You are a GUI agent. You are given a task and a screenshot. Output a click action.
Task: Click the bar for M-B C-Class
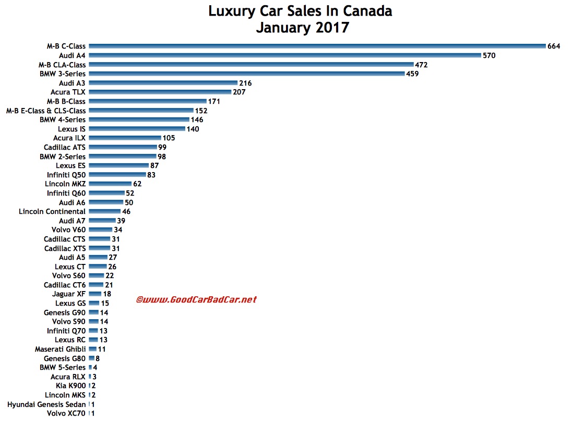(316, 46)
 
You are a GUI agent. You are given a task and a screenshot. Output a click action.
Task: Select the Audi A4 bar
(284, 55)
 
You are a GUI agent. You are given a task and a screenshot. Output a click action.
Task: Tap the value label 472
(422, 65)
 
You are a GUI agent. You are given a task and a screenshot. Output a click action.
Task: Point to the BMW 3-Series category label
(63, 74)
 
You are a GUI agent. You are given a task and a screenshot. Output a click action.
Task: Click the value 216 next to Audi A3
(245, 83)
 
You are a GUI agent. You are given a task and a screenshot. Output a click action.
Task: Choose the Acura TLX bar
(160, 92)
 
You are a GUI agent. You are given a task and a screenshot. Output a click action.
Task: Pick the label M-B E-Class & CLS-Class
(46, 111)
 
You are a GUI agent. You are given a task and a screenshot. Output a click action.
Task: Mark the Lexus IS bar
(137, 129)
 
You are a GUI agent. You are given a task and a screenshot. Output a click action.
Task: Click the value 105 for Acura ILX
(168, 138)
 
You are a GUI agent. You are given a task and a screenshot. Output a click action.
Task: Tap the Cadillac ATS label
(65, 147)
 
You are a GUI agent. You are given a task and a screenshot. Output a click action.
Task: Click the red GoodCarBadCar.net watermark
(196, 299)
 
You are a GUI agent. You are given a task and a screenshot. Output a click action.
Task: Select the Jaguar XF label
(69, 294)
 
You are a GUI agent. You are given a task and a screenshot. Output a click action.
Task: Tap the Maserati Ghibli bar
(92, 349)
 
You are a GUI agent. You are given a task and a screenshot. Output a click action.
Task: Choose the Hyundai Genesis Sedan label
(46, 404)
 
